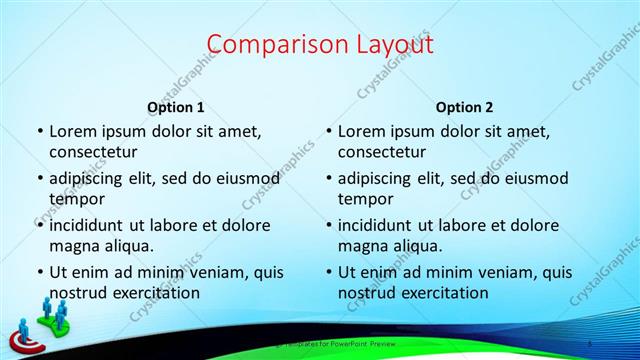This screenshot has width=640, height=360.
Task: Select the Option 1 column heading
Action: pyautogui.click(x=176, y=107)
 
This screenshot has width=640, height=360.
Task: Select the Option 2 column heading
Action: pyautogui.click(x=465, y=107)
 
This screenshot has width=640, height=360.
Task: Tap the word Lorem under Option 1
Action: pyautogui.click(x=72, y=131)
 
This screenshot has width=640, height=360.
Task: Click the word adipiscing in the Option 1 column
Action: pyautogui.click(x=91, y=179)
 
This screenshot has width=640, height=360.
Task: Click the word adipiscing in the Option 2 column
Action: pyautogui.click(x=380, y=179)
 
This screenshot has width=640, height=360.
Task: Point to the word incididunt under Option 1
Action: pyautogui.click(x=91, y=226)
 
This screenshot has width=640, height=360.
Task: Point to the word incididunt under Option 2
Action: pyautogui.click(x=380, y=226)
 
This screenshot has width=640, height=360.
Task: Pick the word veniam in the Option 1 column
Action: pyautogui.click(x=207, y=272)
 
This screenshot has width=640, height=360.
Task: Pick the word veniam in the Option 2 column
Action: pyautogui.click(x=496, y=272)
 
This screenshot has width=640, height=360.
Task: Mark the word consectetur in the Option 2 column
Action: pyautogui.click(x=382, y=152)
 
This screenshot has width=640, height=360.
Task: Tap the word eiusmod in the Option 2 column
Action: pyautogui.click(x=535, y=179)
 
